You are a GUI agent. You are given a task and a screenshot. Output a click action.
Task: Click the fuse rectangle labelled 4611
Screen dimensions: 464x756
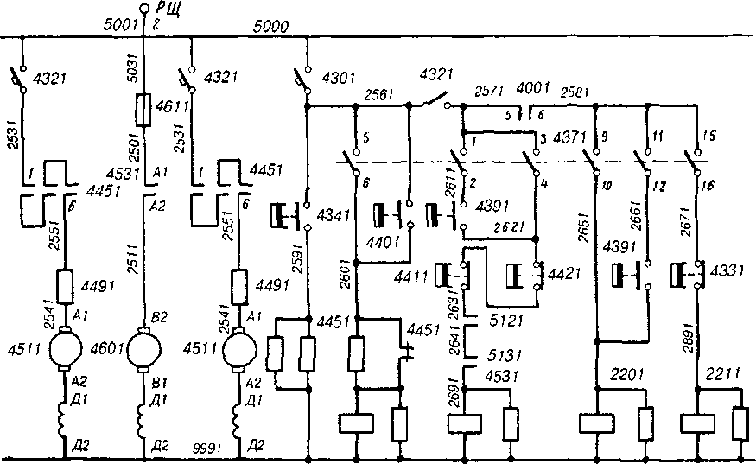pyautogui.click(x=144, y=111)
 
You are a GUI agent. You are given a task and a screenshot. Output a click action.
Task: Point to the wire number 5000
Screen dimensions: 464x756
pyautogui.click(x=272, y=27)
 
